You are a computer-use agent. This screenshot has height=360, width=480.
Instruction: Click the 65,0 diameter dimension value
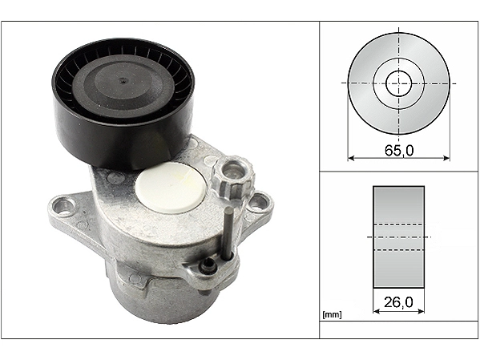click(399, 150)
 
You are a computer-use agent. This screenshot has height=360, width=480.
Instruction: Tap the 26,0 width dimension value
click(398, 302)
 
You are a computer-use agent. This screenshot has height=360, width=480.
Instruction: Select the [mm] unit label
click(332, 314)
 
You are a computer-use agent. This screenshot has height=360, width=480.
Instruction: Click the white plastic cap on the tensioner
click(170, 187)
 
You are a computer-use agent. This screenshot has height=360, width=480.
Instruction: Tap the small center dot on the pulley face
click(123, 81)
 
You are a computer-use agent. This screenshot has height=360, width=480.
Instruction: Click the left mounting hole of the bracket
click(65, 205)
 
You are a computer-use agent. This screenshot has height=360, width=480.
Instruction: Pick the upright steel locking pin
click(229, 233)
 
